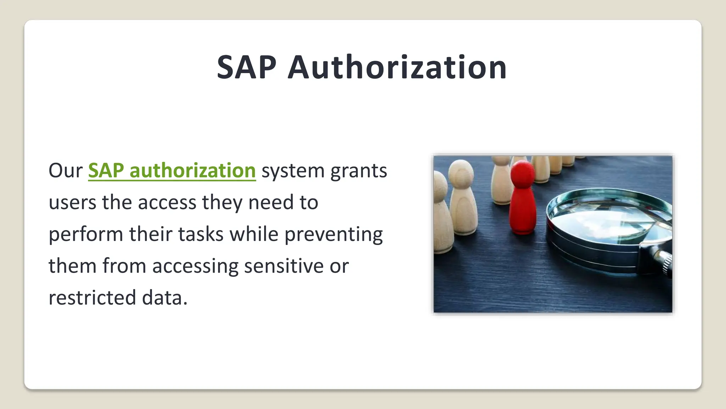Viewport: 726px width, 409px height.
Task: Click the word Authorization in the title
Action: [x=397, y=67]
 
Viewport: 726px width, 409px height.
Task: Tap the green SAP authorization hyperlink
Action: [x=172, y=171]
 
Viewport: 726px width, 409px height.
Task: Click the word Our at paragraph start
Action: [x=65, y=171]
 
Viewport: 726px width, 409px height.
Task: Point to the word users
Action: [x=72, y=203]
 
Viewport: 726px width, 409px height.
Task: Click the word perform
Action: [x=86, y=235]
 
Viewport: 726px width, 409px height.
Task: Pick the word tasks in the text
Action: [x=201, y=235]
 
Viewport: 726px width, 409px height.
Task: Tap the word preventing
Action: [x=334, y=235]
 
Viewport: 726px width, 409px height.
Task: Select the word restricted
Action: [x=92, y=298]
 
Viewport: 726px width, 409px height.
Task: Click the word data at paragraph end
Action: [x=164, y=298]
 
